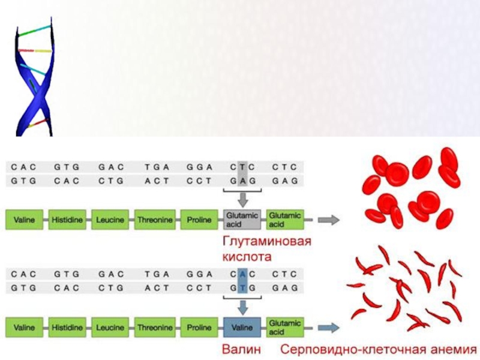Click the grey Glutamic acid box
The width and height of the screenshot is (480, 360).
click(242, 220)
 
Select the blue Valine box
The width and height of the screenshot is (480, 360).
click(242, 328)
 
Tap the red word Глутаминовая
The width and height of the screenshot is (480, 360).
click(268, 242)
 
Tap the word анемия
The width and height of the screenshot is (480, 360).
click(449, 350)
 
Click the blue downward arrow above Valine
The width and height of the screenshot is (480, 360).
click(242, 307)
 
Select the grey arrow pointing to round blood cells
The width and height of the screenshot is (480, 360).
click(328, 220)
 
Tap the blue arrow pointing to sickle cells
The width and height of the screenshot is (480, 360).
click(328, 328)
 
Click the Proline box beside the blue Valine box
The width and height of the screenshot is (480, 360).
click(199, 328)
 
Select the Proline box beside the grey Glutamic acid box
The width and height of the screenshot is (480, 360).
click(199, 220)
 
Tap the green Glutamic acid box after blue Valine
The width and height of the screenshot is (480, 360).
click(285, 328)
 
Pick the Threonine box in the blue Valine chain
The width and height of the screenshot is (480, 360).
click(154, 328)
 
